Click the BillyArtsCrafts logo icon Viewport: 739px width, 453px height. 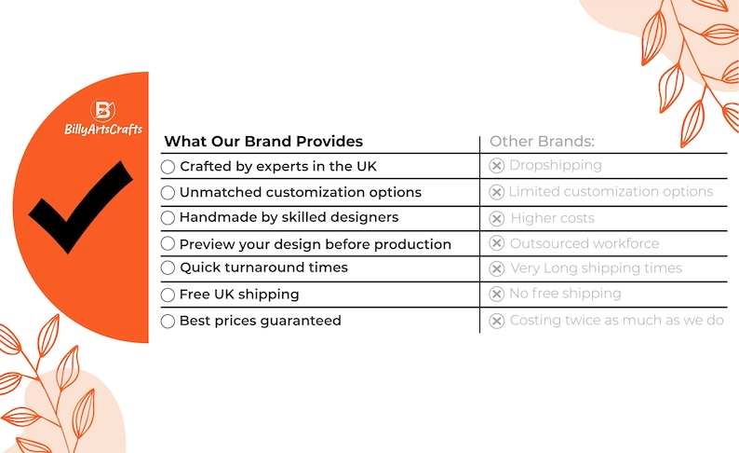[x=103, y=112]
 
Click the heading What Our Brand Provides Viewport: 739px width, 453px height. [x=263, y=142]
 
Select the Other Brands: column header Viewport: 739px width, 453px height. [x=542, y=142]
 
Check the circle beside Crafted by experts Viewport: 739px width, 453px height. [x=168, y=166]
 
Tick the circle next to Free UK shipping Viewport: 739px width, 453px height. [x=168, y=295]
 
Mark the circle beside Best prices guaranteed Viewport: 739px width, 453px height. [x=168, y=321]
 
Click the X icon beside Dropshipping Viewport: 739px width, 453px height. [x=497, y=166]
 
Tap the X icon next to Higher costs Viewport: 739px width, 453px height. [x=497, y=218]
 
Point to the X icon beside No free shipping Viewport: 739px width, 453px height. [x=497, y=295]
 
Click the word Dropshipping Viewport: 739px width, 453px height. [x=555, y=165]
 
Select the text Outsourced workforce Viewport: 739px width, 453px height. [x=584, y=243]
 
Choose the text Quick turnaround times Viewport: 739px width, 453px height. [x=263, y=268]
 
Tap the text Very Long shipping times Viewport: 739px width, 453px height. [x=596, y=268]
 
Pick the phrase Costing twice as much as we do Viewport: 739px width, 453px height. [x=616, y=321]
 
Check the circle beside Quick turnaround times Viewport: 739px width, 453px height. [x=168, y=268]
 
